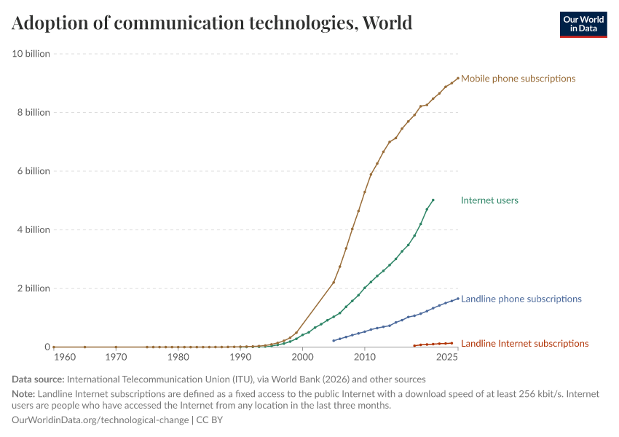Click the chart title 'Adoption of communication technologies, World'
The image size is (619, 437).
[212, 23]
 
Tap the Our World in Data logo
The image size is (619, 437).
[583, 24]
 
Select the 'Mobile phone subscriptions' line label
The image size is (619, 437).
[518, 79]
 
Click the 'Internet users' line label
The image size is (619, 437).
[489, 200]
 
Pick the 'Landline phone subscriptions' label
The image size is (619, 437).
[521, 299]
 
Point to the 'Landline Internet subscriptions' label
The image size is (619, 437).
[524, 344]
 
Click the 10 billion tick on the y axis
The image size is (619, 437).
[30, 54]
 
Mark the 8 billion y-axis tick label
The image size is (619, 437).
[32, 113]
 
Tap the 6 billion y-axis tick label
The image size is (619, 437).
[32, 171]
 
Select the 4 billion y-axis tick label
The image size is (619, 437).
[32, 230]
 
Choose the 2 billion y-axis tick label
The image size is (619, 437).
[32, 288]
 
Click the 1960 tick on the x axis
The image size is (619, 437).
[64, 358]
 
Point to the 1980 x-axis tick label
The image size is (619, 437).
[178, 358]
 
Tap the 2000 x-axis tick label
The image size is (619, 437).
[302, 358]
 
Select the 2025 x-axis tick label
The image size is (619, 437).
[446, 358]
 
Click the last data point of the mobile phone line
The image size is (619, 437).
[458, 78]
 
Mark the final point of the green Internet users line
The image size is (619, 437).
[433, 200]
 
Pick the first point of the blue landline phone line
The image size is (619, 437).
[334, 340]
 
